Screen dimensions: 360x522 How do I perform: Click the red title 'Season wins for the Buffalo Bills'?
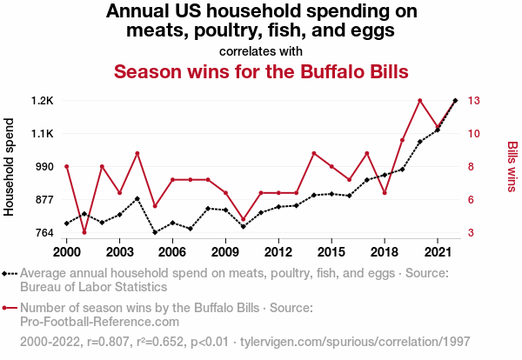[261, 70]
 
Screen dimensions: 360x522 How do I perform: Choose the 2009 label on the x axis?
[225, 252]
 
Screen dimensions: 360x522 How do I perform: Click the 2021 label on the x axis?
[437, 252]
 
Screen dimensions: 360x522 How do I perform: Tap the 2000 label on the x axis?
[67, 252]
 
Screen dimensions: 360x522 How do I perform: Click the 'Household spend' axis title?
[10, 167]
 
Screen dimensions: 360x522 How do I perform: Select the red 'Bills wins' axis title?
[512, 167]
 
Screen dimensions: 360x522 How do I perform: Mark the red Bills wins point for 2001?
[84, 232]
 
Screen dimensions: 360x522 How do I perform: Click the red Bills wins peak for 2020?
[419, 101]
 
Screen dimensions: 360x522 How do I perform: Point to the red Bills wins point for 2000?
[67, 166]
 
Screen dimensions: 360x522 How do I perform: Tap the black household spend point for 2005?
[155, 232]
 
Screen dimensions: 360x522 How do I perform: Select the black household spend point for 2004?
[137, 198]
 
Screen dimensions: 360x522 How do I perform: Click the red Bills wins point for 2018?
[385, 193]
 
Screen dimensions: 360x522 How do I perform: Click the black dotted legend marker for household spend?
[10, 274]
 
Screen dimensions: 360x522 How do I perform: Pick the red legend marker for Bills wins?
[10, 308]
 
